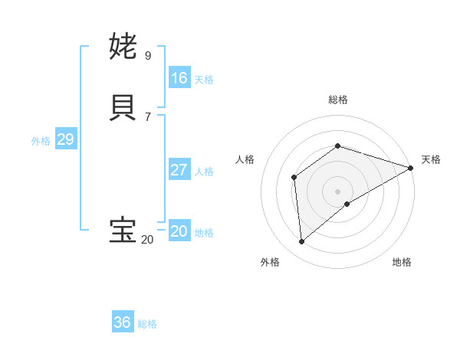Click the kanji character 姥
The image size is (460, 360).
[x=123, y=47]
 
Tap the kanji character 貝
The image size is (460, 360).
[x=123, y=108]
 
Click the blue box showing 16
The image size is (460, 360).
[x=179, y=78]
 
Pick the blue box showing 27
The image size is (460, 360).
[x=179, y=170]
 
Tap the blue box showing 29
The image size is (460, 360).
[x=65, y=139]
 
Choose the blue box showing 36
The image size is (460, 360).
[x=123, y=322]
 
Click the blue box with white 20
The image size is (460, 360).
[x=179, y=231]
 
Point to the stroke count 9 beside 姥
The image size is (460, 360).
[x=148, y=55]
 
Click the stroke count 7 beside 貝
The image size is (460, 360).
[x=148, y=116]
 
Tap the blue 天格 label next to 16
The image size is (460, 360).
[x=204, y=80]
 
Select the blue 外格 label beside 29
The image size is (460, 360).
[x=41, y=141]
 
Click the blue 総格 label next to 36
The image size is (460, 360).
[x=147, y=324]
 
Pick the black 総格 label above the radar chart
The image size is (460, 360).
[x=337, y=100]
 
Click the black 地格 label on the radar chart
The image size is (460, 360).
[x=402, y=262]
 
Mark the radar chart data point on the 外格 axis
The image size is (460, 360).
[x=301, y=241]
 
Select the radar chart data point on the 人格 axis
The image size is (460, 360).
[x=294, y=178]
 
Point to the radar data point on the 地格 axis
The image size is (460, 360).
[x=347, y=204]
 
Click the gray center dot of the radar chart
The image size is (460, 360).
[x=337, y=191]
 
